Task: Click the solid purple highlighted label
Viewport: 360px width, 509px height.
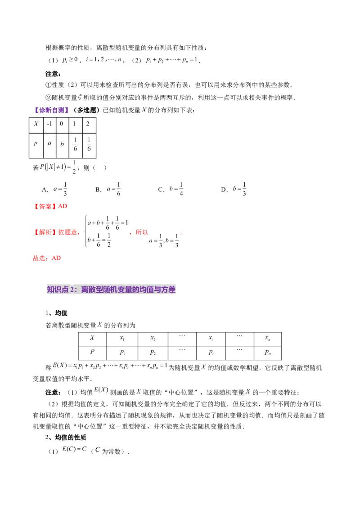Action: (x=52, y=110)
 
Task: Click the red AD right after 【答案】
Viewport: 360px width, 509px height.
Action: (x=63, y=206)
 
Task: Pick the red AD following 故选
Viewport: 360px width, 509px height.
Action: (x=56, y=259)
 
